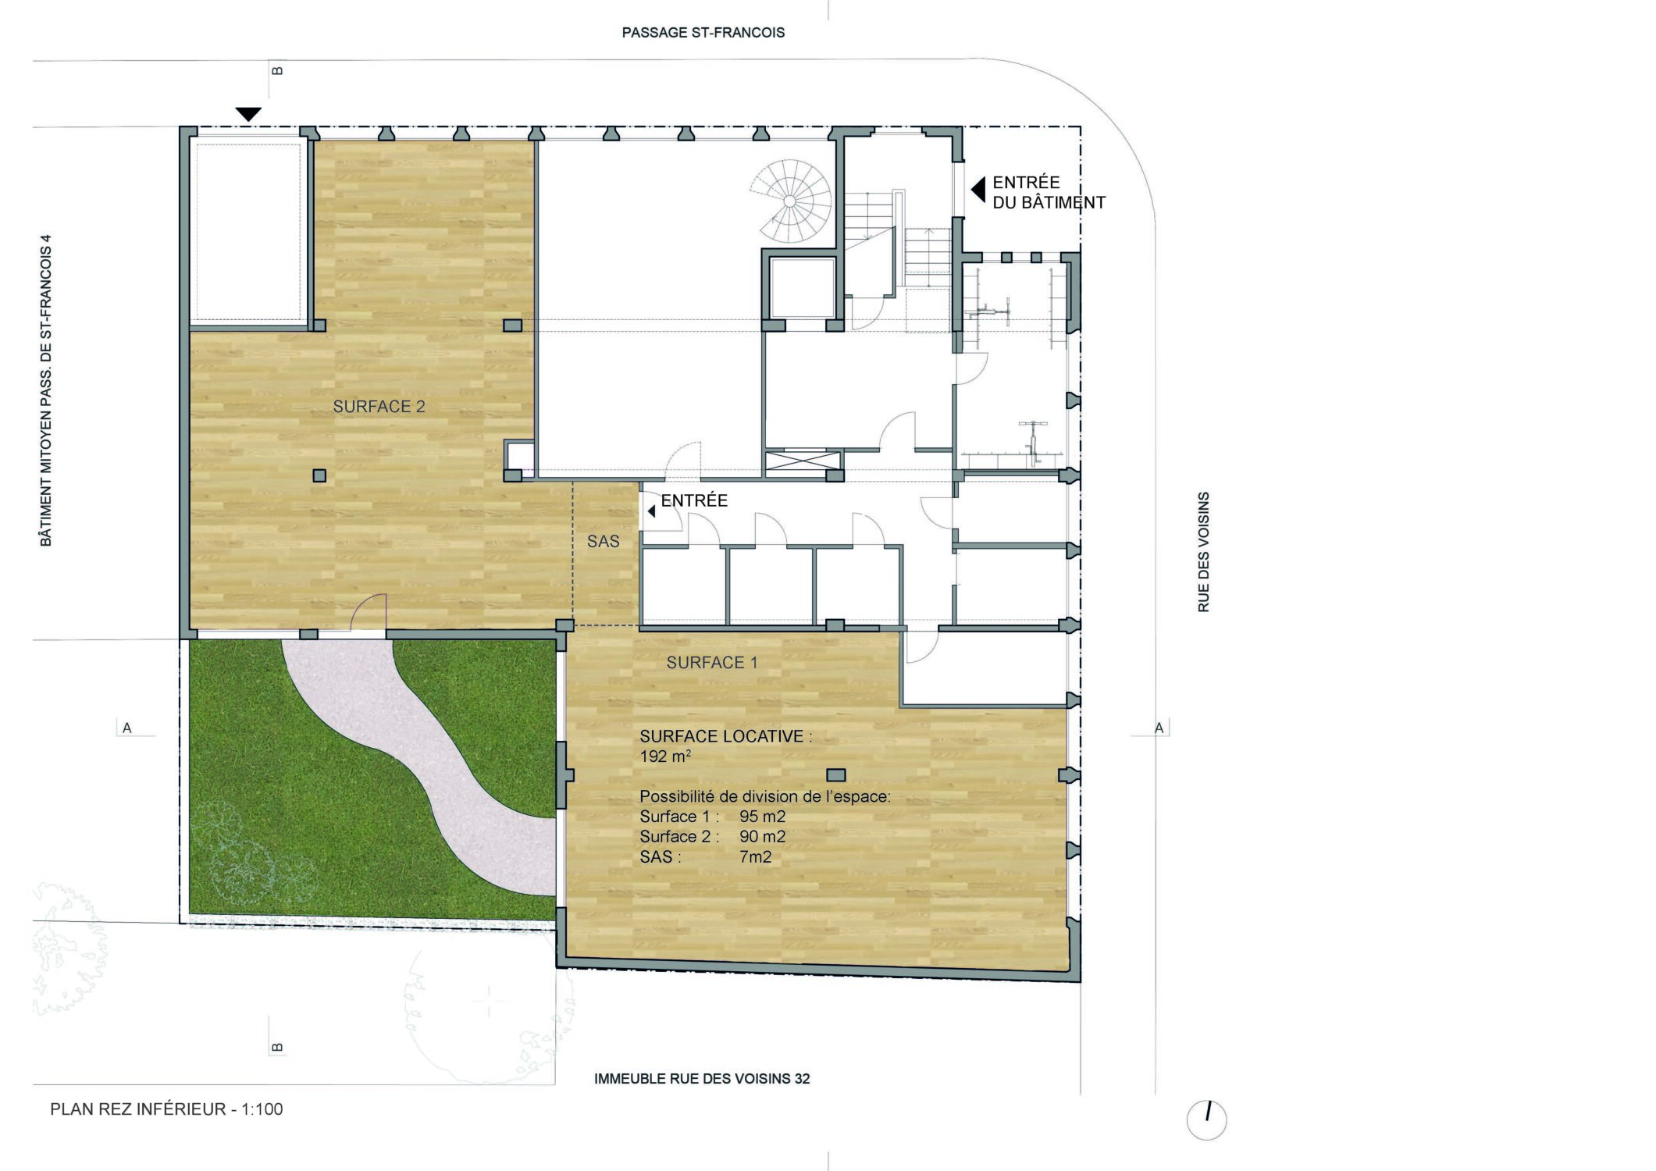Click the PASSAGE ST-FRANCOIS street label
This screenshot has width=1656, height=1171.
[x=703, y=33]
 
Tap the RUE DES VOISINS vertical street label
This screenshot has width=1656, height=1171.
[x=1203, y=552]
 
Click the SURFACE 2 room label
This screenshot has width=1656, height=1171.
[x=379, y=407]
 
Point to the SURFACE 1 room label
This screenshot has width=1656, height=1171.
[x=711, y=663]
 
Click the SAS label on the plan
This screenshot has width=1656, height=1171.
[x=604, y=541]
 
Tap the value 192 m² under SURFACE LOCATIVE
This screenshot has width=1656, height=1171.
[x=665, y=756]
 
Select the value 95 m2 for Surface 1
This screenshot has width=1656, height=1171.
[x=762, y=817]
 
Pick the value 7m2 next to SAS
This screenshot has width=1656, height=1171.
[x=755, y=857]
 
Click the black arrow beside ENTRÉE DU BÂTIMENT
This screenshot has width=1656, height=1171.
[x=978, y=189]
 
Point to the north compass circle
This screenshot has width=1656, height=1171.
[x=1206, y=1120]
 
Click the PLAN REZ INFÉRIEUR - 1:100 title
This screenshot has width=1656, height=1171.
[x=166, y=1109]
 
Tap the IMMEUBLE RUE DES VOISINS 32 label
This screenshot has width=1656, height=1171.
[x=702, y=1079]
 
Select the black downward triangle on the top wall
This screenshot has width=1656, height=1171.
[x=248, y=114]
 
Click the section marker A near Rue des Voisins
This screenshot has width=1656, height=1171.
[x=1159, y=728]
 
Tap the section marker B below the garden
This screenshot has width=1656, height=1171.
[x=277, y=1047]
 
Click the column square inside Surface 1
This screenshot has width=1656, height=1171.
[x=835, y=775]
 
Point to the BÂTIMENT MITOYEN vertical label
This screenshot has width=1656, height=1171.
[x=46, y=390]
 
